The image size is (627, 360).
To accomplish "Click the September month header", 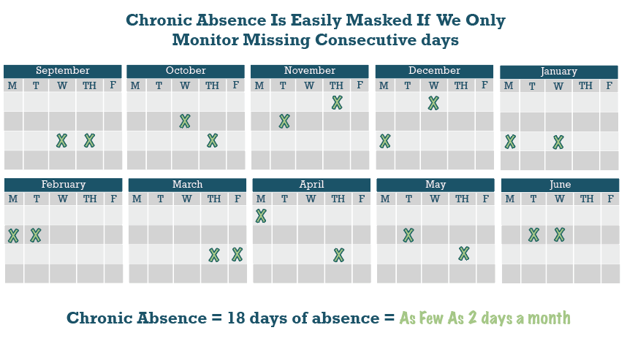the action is click(63, 71).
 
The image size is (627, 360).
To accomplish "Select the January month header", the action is click(558, 72).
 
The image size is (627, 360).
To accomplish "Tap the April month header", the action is click(311, 185).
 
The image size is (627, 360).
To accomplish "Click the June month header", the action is click(560, 185).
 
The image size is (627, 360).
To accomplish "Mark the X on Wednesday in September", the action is click(61, 141).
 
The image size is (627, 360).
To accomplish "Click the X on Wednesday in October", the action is click(185, 121).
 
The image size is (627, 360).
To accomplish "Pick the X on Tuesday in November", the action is click(284, 121).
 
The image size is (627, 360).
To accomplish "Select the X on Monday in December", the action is click(385, 141).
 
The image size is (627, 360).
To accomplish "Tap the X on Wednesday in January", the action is click(558, 142).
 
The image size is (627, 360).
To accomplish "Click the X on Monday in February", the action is click(14, 236).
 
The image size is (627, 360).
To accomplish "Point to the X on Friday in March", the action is click(237, 255).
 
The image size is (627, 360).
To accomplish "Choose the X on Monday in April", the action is click(261, 215).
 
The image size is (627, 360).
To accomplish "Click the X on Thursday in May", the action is click(464, 253).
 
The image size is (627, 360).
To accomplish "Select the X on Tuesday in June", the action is click(534, 235).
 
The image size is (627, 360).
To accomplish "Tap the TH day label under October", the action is click(213, 85).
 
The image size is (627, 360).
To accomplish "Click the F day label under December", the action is click(484, 85).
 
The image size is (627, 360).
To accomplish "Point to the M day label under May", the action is click(385, 199).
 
